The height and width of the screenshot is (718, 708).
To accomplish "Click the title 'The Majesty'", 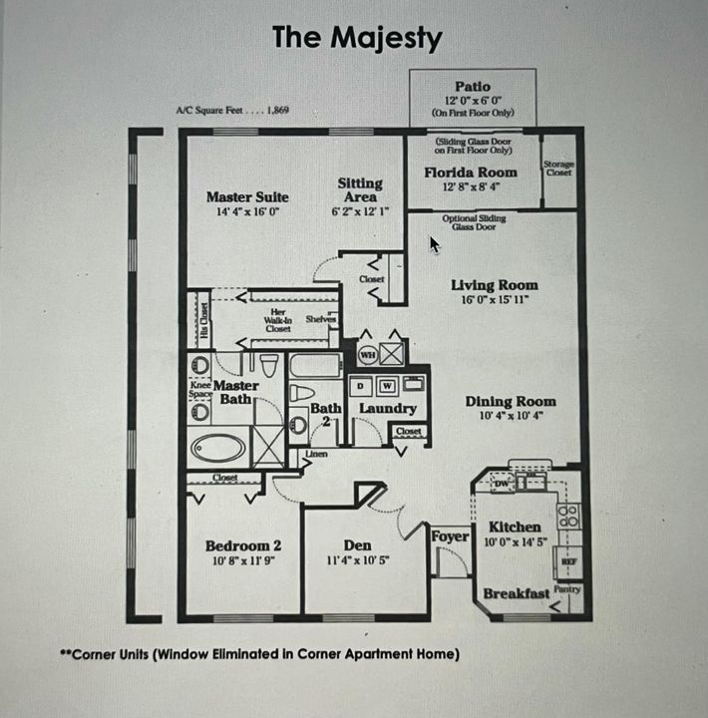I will tap(357, 38).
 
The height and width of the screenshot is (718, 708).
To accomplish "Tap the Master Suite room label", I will tap(246, 196).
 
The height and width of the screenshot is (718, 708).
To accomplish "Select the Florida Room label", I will tap(471, 173).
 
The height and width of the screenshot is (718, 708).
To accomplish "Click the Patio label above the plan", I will tap(473, 87).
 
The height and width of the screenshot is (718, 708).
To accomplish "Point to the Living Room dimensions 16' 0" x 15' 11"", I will tap(495, 299).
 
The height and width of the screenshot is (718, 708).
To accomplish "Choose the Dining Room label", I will tap(511, 402).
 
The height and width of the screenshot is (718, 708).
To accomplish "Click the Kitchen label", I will tap(515, 527).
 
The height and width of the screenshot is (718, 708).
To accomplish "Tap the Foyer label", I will tap(450, 537).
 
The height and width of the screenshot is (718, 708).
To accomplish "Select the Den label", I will tap(357, 545).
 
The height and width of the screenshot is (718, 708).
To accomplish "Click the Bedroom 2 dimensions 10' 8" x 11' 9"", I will tap(242, 560).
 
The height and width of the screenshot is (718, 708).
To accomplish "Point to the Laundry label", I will tap(387, 408).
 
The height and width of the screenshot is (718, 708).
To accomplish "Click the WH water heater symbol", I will tap(366, 354).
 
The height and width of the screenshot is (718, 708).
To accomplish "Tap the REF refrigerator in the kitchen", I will tap(568, 562).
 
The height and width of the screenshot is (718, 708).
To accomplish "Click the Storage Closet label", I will tap(558, 169).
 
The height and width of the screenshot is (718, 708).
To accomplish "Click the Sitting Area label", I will tap(360, 189).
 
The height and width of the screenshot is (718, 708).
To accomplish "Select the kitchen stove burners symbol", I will tap(567, 515).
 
